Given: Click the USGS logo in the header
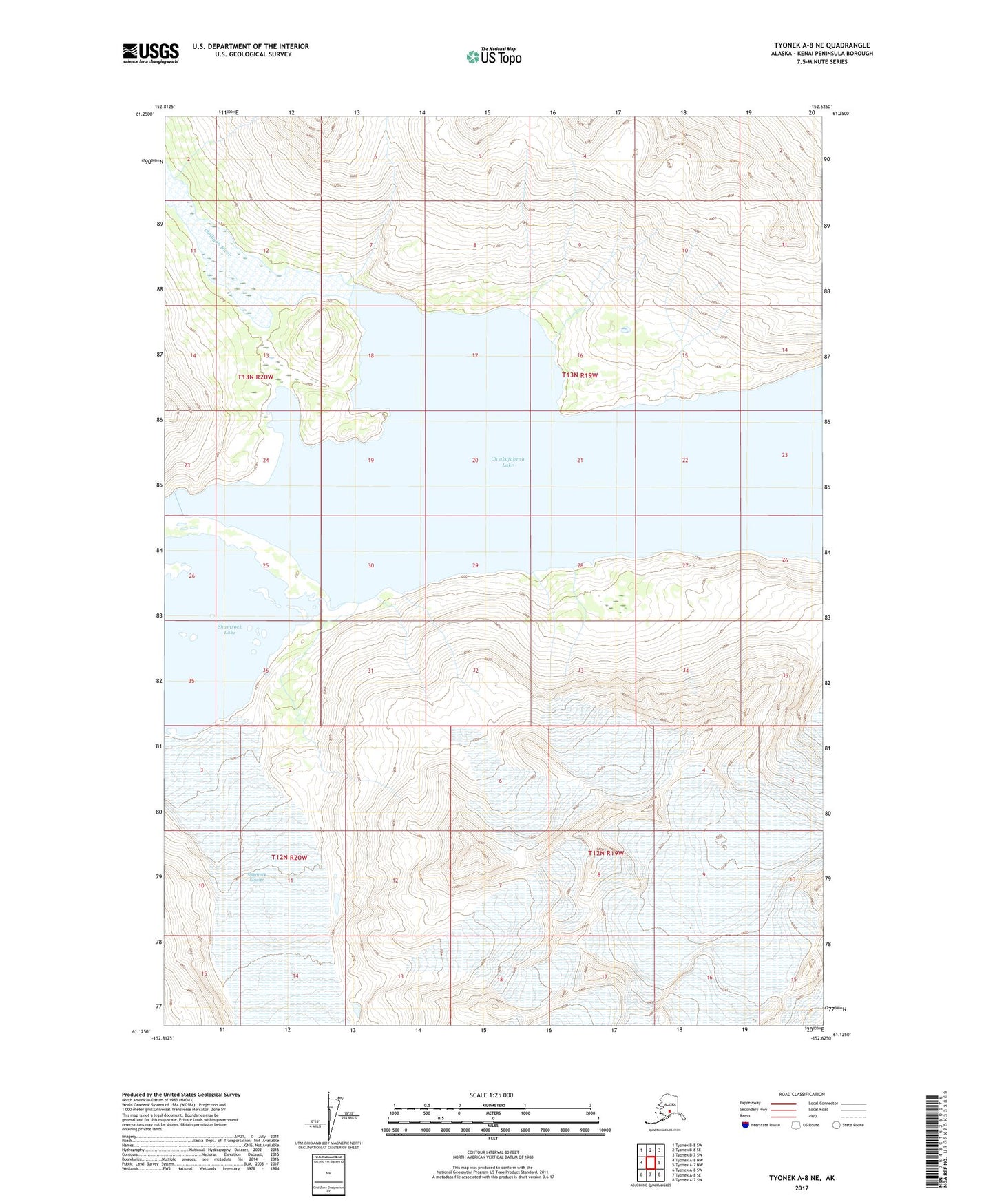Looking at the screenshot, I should [151, 53].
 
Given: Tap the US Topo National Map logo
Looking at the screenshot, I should [494, 56].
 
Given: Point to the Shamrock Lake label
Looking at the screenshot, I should [229, 629].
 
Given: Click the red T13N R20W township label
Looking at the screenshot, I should [255, 377].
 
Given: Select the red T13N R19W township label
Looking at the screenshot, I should [579, 375].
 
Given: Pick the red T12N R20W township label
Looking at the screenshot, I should [289, 857].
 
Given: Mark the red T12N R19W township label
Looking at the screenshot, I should [606, 853].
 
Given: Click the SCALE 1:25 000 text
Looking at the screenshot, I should [492, 1095].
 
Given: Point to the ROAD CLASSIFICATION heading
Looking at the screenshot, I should [802, 1094].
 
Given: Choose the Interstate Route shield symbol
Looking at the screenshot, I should [746, 1125].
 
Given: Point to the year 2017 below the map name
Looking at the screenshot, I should [801, 1188].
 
